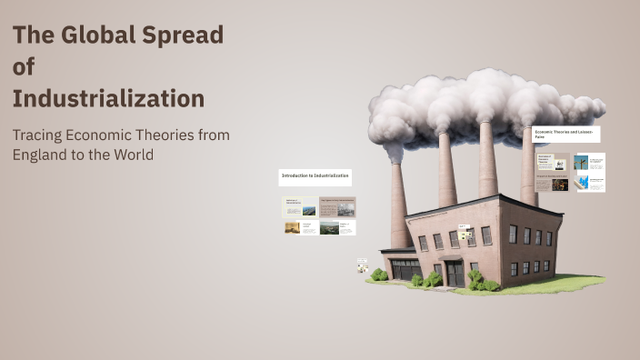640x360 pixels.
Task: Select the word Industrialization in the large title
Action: tap(108, 97)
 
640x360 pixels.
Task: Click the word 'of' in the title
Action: tap(23, 67)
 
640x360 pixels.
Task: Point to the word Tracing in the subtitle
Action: tap(39, 135)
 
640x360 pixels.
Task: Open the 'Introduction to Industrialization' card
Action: tap(315, 176)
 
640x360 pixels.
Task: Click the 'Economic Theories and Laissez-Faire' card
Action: tap(566, 134)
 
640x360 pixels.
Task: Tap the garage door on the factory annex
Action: tap(405, 269)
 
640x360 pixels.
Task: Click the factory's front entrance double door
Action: tap(454, 273)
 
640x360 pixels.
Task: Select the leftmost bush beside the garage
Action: tap(379, 275)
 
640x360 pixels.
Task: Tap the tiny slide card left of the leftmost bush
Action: tap(362, 266)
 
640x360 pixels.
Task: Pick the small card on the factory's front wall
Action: tap(465, 235)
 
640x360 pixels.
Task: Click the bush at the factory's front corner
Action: tap(475, 278)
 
